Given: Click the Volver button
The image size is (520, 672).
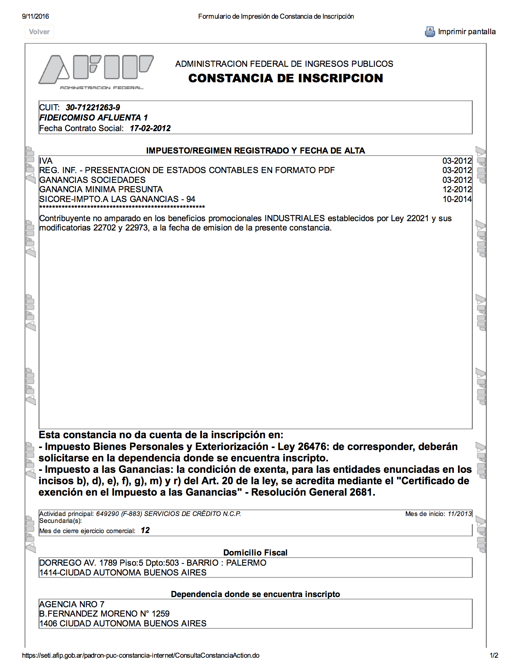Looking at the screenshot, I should [x=39, y=32].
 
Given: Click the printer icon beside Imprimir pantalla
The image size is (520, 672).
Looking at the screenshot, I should [x=430, y=32].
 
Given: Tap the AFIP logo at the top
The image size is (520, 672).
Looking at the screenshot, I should [x=96, y=70].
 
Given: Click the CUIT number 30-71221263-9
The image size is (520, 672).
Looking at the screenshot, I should [x=93, y=108].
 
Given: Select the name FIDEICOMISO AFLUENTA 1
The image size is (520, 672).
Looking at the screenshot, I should [x=93, y=118].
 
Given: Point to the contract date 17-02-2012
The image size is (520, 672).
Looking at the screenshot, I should [x=150, y=128].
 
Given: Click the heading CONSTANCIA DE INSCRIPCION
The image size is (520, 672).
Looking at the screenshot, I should [x=285, y=78].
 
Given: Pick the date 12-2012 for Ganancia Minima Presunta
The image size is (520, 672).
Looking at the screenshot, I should [x=457, y=189].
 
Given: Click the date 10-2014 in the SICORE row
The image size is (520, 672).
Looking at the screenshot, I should [x=457, y=199].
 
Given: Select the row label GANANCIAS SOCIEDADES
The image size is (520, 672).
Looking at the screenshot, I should [x=92, y=180].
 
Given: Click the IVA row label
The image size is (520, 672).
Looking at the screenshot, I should [x=46, y=161].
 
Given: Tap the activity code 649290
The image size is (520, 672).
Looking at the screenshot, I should [x=107, y=514].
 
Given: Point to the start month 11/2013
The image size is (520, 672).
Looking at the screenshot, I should [x=460, y=514].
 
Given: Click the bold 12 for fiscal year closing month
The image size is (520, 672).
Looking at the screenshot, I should [x=145, y=530].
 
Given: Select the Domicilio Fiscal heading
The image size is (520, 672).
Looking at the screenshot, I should [x=255, y=553].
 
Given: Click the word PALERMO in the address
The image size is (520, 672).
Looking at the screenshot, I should [x=246, y=563].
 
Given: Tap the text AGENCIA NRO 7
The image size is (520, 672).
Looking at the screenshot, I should [x=72, y=604].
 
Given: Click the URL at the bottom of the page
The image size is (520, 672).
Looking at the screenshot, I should [x=141, y=656].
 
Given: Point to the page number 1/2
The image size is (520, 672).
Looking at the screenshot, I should [x=493, y=656].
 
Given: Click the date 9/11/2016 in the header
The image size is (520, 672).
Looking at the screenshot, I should [x=35, y=16].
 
